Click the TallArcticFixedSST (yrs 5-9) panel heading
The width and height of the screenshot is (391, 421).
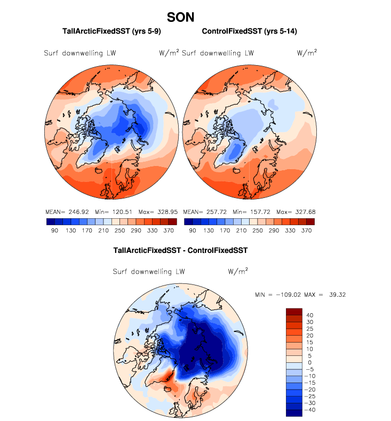(112, 32)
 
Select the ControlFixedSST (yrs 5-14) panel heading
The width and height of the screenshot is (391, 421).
(249, 32)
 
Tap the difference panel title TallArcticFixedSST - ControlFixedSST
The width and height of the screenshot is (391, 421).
(180, 250)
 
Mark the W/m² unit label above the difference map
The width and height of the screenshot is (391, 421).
(237, 271)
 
